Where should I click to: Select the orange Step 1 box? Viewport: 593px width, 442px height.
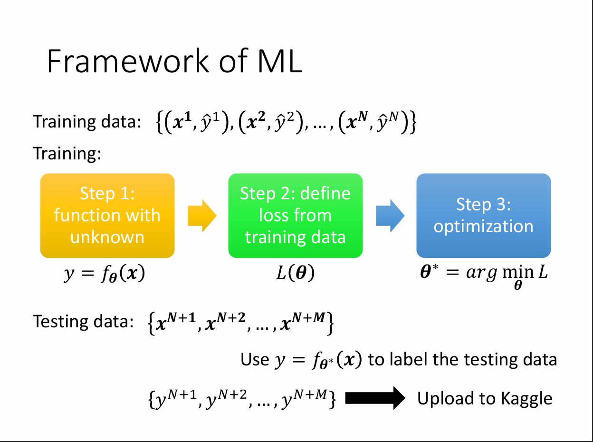click(x=107, y=216)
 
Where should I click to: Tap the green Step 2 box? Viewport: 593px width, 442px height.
click(x=295, y=216)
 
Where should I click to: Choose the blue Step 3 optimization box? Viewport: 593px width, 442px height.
click(x=483, y=216)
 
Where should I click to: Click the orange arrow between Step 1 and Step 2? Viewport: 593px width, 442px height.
click(x=202, y=216)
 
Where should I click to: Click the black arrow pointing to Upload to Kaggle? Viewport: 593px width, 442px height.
click(x=375, y=398)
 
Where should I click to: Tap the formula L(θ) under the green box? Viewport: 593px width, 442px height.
click(x=296, y=275)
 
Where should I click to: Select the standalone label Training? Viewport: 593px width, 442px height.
click(x=67, y=153)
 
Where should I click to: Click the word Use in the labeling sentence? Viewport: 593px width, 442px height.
click(x=255, y=359)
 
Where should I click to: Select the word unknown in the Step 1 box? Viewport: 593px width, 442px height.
click(x=107, y=237)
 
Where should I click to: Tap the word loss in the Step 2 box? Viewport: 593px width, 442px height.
click(x=273, y=215)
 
